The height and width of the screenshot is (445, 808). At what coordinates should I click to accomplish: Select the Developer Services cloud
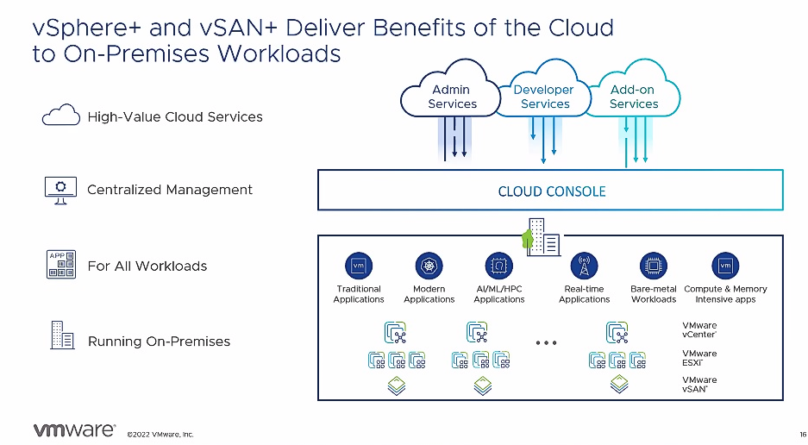click(x=544, y=97)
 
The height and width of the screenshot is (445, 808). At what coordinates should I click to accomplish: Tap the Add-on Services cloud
click(x=634, y=97)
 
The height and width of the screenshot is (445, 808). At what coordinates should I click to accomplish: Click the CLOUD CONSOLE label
click(x=552, y=191)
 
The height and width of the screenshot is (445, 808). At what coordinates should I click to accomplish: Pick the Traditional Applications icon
click(x=358, y=265)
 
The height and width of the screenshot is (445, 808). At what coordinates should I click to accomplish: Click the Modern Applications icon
click(x=429, y=265)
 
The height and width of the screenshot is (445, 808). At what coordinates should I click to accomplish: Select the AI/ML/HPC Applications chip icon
click(x=498, y=265)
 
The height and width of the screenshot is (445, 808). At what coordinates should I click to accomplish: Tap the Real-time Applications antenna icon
click(x=585, y=265)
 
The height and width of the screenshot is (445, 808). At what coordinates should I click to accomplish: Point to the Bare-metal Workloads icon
click(x=654, y=265)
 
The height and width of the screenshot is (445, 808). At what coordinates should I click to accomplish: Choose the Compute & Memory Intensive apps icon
click(x=724, y=265)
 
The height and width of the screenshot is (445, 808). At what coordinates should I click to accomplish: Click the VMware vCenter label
click(x=699, y=329)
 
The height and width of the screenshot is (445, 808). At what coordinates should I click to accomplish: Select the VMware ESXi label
click(x=699, y=357)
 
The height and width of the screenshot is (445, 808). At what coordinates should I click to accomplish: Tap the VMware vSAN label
click(x=699, y=385)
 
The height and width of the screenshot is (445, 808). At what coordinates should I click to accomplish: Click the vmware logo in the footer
click(x=73, y=429)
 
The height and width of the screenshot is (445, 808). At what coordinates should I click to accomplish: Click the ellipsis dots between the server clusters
click(x=545, y=342)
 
